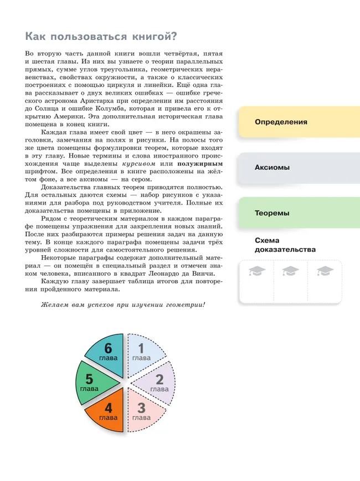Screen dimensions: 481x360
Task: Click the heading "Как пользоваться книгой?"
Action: point(101,37)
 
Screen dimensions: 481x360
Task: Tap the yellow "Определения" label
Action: point(281,121)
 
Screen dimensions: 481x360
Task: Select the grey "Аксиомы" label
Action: point(272,167)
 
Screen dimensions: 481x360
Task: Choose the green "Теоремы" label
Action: point(272,213)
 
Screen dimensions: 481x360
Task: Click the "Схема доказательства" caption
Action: point(285,245)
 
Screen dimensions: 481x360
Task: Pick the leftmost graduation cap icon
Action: point(257,271)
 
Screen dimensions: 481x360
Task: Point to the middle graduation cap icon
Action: point(290,271)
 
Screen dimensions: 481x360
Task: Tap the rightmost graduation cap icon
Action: point(323,271)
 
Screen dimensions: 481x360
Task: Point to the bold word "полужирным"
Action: point(200,164)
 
